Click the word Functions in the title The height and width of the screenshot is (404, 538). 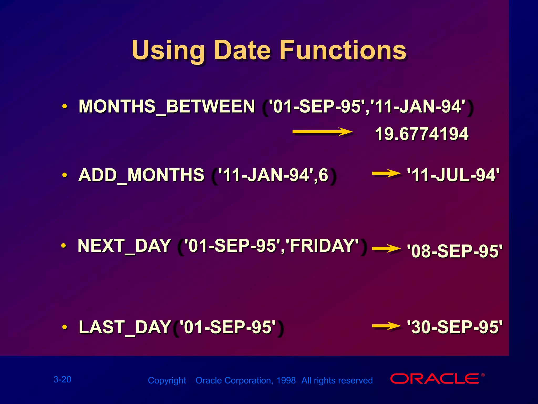pyautogui.click(x=343, y=50)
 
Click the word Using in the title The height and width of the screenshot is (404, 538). pyautogui.click(x=168, y=50)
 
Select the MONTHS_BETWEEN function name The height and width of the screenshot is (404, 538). pyautogui.click(x=167, y=107)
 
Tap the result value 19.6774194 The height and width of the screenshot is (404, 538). pyautogui.click(x=422, y=134)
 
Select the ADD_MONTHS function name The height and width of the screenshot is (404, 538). pyautogui.click(x=141, y=175)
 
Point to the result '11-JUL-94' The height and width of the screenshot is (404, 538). pyautogui.click(x=453, y=175)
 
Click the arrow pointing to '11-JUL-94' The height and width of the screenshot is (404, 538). pyautogui.click(x=386, y=174)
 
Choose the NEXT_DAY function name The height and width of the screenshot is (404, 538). pyautogui.click(x=124, y=246)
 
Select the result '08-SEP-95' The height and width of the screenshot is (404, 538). pyautogui.click(x=454, y=251)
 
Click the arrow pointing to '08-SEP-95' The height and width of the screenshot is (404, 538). pyautogui.click(x=386, y=249)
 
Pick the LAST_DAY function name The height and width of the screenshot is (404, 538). pyautogui.click(x=125, y=327)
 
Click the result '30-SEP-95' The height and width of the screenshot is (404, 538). pyautogui.click(x=454, y=327)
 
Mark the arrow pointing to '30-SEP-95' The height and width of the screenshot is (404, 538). pyautogui.click(x=386, y=326)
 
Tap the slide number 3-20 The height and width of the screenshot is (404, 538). pyautogui.click(x=62, y=379)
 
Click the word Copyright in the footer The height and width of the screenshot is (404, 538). pyautogui.click(x=167, y=381)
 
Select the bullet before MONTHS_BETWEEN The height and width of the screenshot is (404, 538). pyautogui.click(x=64, y=107)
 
